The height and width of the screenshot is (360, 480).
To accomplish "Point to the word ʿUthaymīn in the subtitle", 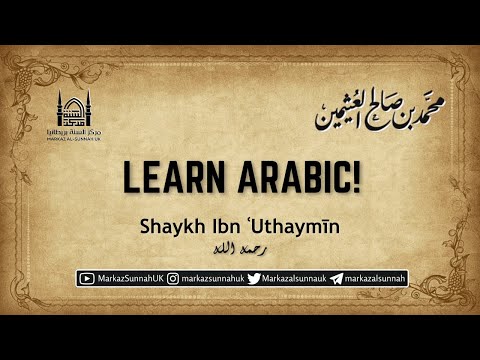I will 299,228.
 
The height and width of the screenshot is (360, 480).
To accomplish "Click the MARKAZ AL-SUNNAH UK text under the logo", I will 73,139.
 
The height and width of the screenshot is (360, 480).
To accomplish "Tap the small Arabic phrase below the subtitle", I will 241,246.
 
